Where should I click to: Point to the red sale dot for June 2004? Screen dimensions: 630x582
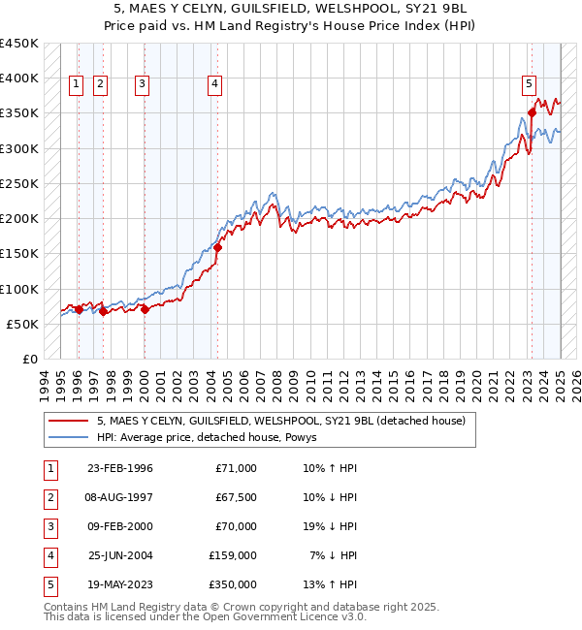coord(217,247)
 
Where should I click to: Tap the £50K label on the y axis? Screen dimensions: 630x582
coord(23,324)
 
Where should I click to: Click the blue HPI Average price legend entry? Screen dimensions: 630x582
coord(213,437)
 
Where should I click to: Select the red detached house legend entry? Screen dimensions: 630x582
coord(281,421)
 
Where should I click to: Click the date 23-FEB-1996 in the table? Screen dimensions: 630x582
coord(119,468)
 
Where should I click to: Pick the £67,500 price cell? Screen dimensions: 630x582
coord(234,497)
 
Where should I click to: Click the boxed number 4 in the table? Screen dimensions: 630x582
coord(49,555)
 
